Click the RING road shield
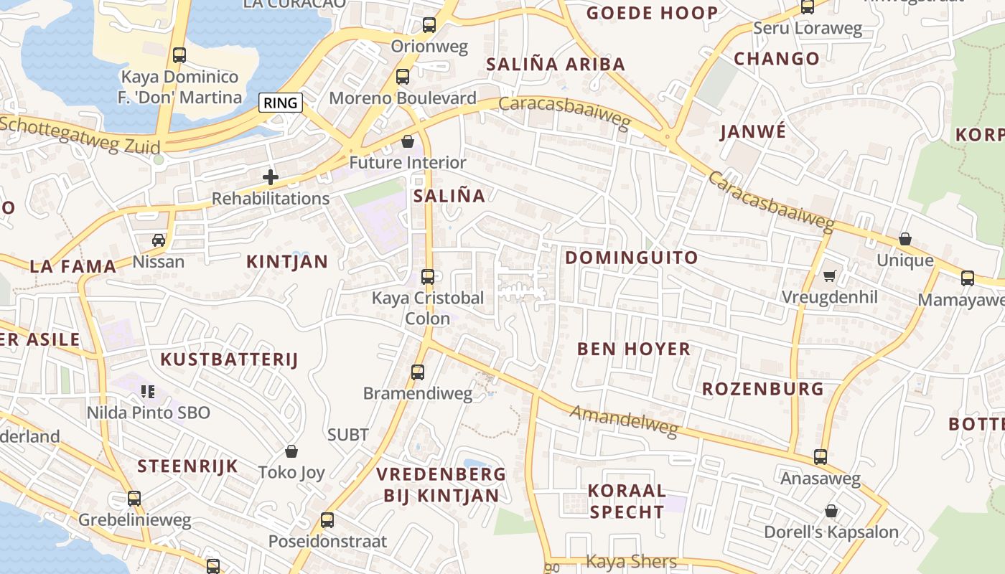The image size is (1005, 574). [280, 103]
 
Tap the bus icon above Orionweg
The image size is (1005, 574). [429, 25]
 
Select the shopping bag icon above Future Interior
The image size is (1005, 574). [408, 141]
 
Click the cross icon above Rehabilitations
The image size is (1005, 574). [271, 177]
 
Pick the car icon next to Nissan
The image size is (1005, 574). [159, 240]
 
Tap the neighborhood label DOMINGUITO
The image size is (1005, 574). [631, 258]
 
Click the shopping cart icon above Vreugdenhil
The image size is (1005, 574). [830, 276]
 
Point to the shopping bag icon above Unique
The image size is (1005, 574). [905, 239]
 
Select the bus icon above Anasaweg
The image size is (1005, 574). [821, 457]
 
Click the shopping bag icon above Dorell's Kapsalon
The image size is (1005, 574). [831, 511]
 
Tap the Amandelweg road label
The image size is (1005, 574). [624, 421]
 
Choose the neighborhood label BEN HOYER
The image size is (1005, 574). [634, 349]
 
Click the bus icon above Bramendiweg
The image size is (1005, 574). [418, 372]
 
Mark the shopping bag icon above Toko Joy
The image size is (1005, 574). [291, 451]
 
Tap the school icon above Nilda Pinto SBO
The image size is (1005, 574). [148, 392]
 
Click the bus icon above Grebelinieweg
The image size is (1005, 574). [134, 499]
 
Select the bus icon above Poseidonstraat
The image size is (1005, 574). [327, 520]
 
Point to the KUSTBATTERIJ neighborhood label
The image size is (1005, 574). [228, 360]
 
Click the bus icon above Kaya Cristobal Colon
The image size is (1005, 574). [428, 276]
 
